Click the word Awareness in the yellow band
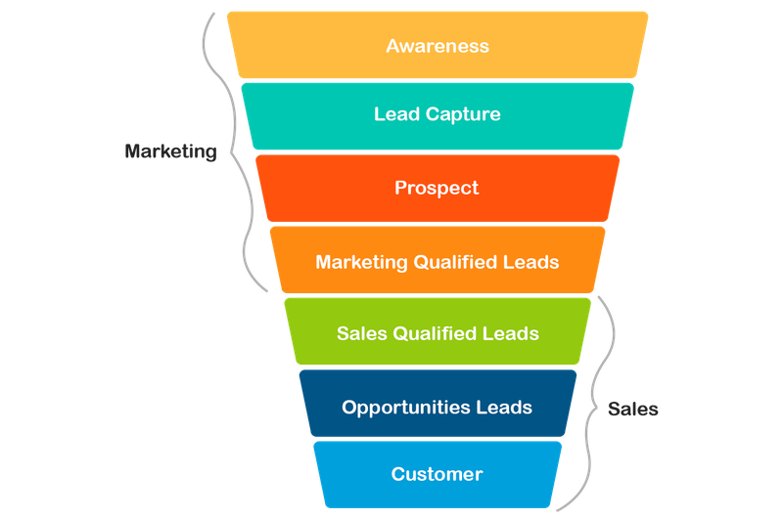point(438,46)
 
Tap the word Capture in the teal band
point(463,114)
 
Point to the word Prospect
point(437,188)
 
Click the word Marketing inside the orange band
point(361,262)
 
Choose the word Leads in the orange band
point(530,262)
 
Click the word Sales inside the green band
point(362,333)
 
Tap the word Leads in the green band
point(510,333)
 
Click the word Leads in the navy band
point(504,407)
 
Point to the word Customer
point(437,474)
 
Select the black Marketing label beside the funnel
point(170,151)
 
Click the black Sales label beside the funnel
point(632,409)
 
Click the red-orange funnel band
point(438,188)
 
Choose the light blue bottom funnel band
point(438,474)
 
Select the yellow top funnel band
point(438,45)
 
